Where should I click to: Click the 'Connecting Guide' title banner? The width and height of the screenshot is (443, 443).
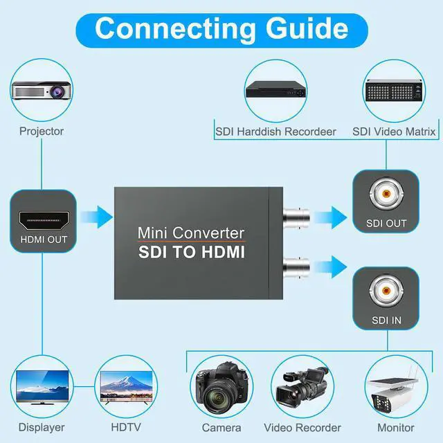click(x=221, y=28)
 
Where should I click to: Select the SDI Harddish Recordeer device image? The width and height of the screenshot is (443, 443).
click(x=275, y=91)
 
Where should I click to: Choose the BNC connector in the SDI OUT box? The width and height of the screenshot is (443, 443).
click(x=386, y=195)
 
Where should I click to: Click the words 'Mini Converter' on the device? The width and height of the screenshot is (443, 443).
click(x=191, y=233)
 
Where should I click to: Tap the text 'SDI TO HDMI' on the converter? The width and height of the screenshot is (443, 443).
click(x=191, y=253)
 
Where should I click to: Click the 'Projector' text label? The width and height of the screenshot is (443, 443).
click(x=42, y=131)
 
